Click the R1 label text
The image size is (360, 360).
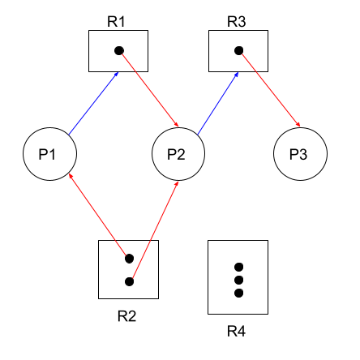click(x=116, y=22)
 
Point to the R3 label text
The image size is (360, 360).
click(x=237, y=22)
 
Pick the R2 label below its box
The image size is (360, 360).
click(x=126, y=316)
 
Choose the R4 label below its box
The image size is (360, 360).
click(x=237, y=331)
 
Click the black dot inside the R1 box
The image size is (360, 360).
click(x=119, y=50)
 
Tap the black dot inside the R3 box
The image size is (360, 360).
click(x=239, y=50)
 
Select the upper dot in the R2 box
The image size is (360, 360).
click(x=130, y=259)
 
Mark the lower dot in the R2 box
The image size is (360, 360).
click(x=130, y=281)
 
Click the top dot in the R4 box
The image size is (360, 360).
click(x=238, y=267)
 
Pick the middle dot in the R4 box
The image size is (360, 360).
click(x=238, y=280)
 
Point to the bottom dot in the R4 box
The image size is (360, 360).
click(x=238, y=293)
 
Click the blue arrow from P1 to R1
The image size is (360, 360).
click(x=93, y=103)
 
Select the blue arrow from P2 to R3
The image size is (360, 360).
click(x=218, y=103)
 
